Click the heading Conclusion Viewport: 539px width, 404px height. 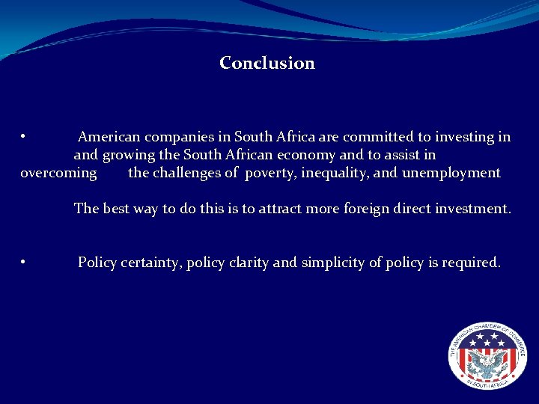[267, 64]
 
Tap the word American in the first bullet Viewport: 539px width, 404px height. [109, 137]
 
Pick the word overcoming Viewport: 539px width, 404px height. [58, 174]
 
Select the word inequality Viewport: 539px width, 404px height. [332, 174]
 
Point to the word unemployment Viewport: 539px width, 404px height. [451, 174]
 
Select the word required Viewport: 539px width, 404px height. [469, 263]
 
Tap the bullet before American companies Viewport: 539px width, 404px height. [24, 136]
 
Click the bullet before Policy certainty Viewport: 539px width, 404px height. [24, 262]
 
